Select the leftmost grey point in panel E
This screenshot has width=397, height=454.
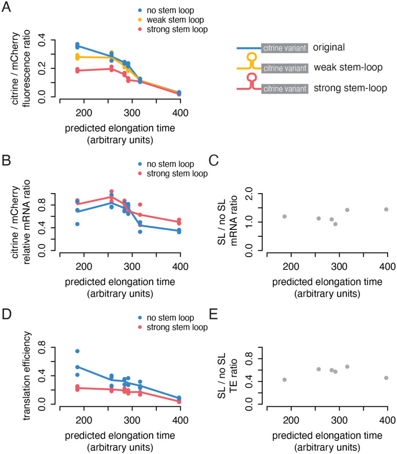(284, 380)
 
